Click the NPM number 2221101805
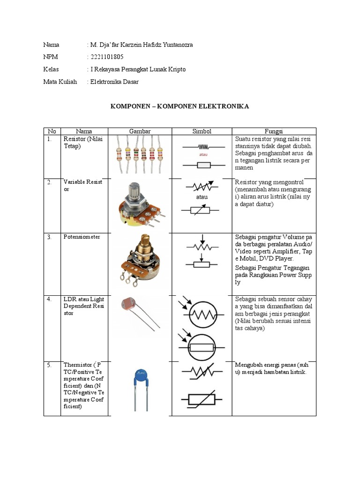[107, 57]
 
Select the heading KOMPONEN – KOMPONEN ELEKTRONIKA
[180, 106]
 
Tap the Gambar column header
[140, 132]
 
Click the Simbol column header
[202, 132]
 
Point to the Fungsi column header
[274, 132]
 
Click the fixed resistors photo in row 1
[140, 153]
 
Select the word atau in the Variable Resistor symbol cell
[202, 197]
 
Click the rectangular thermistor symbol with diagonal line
[202, 398]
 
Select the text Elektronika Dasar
[114, 82]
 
